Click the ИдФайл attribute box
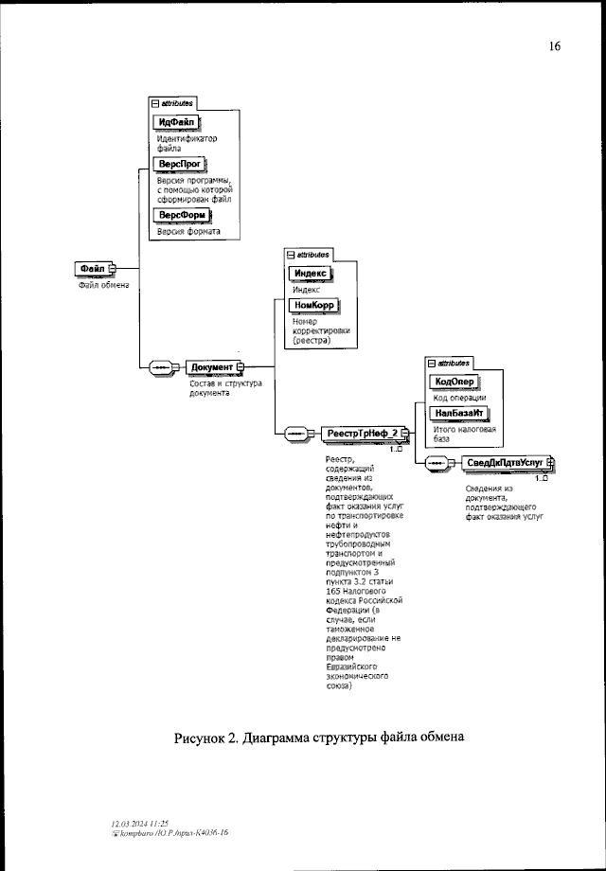177,122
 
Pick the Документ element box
212,367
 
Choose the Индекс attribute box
310,273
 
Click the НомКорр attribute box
313,306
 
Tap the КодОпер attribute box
454,382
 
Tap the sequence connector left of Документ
162,367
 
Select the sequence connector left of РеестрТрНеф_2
294,434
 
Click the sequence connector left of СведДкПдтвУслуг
437,462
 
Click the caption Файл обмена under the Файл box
103,285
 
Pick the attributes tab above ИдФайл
172,102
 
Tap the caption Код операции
459,398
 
